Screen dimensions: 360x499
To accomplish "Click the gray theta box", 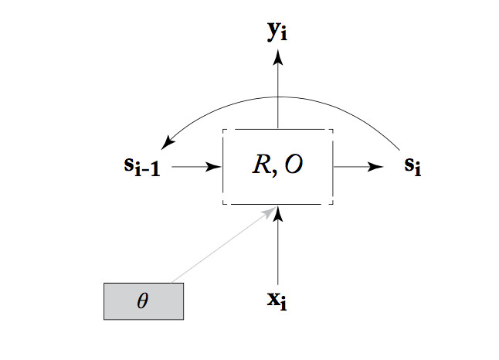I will (144, 301).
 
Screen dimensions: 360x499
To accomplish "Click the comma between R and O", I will (274, 172).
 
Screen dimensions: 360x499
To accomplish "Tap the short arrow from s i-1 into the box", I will (193, 167).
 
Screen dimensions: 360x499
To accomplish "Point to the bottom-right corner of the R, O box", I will (333, 204).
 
